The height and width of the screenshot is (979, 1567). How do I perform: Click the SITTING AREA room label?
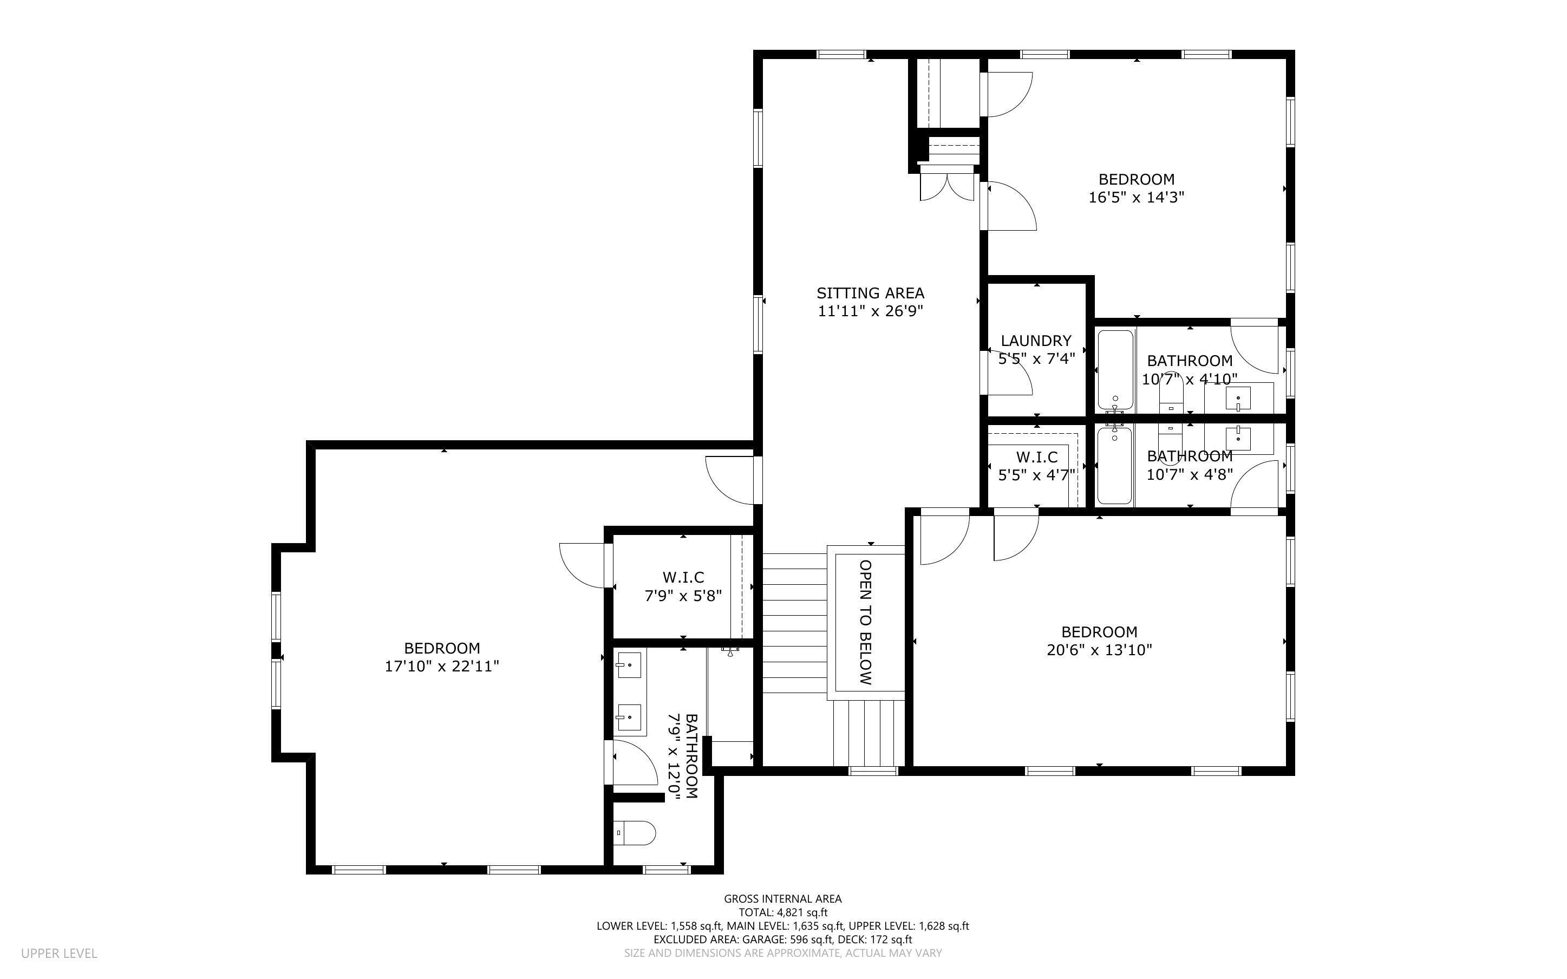(870, 292)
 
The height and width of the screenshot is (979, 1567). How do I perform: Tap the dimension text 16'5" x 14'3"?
(1136, 198)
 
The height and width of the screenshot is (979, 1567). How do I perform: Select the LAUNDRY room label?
(1036, 341)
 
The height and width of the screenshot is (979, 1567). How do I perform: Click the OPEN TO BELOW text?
(865, 622)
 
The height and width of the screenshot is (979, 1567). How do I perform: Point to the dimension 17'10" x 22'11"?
(442, 666)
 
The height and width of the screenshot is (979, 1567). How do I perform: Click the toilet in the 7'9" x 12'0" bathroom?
(634, 833)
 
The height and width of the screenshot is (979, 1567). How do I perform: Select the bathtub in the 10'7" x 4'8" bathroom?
(1114, 465)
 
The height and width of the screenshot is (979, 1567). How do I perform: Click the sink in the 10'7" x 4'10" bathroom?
(1238, 397)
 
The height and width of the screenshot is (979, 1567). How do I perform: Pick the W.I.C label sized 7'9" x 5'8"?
(683, 577)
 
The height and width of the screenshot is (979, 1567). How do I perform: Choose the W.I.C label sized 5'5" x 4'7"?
(1036, 457)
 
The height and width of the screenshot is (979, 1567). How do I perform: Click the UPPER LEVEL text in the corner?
(59, 953)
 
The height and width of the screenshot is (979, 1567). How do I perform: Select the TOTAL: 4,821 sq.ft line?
(782, 912)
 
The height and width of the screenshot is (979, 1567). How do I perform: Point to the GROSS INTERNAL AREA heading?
(782, 899)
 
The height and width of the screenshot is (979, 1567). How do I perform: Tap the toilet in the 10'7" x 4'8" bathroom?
(1170, 447)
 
